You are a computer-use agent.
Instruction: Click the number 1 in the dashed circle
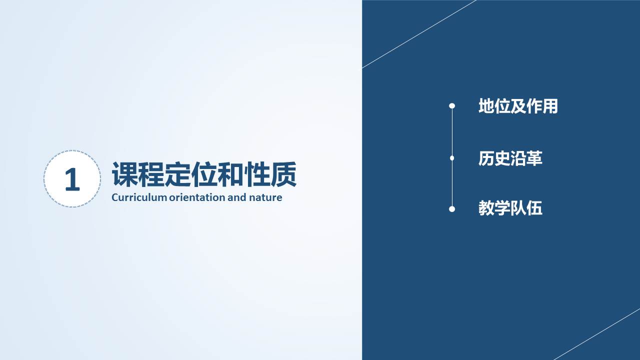pos(72,179)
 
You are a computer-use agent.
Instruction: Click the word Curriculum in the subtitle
pos(139,197)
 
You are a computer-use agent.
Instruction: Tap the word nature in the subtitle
pos(265,197)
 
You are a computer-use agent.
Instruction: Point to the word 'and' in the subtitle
pos(237,197)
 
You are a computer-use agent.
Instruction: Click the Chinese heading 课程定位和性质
pos(204,174)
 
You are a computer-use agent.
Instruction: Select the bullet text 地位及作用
pos(518,106)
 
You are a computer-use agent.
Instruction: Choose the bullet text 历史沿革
pos(510,158)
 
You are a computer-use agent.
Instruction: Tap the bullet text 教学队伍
pos(510,208)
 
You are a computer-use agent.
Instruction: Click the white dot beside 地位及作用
pos(452,106)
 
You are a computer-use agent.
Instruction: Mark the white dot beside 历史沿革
pos(452,158)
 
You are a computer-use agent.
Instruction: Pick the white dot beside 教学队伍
pos(452,209)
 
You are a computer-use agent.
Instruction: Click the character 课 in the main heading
pos(124,174)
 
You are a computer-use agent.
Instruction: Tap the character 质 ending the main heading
pos(283,174)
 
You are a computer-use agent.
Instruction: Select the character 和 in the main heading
pos(230,174)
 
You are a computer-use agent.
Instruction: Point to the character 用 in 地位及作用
pos(550,106)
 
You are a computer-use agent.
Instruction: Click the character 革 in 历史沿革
pos(534,158)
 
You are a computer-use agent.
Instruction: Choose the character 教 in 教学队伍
pos(486,208)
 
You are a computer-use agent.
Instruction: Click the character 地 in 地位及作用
pos(486,106)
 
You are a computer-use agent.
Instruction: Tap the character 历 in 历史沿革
pos(486,158)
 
